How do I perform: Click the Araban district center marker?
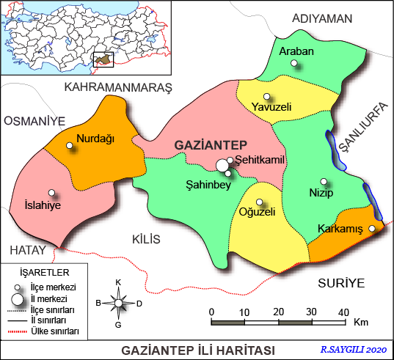click(294, 64)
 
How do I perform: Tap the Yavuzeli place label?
click(271, 107)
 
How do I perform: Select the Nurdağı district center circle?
click(70, 146)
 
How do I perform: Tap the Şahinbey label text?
click(208, 185)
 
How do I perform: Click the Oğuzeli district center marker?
click(259, 202)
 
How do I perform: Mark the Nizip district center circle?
click(324, 182)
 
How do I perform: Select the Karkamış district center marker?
click(372, 229)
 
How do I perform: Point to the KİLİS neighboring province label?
click(145, 239)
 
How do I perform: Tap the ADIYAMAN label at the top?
click(322, 18)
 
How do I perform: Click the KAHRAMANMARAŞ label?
click(117, 87)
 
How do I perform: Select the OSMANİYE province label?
click(34, 120)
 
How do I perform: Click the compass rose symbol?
click(118, 301)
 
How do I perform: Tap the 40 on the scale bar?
click(343, 312)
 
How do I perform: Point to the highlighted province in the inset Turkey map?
click(106, 59)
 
